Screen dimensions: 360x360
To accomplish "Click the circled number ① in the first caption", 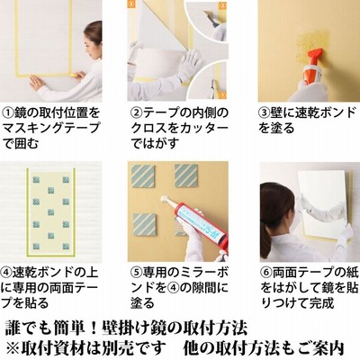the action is [8, 113].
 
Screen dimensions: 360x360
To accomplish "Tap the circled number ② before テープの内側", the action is [137, 113].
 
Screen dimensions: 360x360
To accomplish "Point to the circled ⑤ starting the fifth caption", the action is [137, 273].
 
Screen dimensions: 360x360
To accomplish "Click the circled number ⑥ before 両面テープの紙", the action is [266, 273].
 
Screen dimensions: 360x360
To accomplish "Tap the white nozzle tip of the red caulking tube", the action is [165, 199].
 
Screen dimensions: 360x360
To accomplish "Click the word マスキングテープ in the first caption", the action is [50, 128].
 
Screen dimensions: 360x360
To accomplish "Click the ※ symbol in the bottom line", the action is [13, 348].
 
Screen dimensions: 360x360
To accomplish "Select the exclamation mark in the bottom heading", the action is [94, 328].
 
